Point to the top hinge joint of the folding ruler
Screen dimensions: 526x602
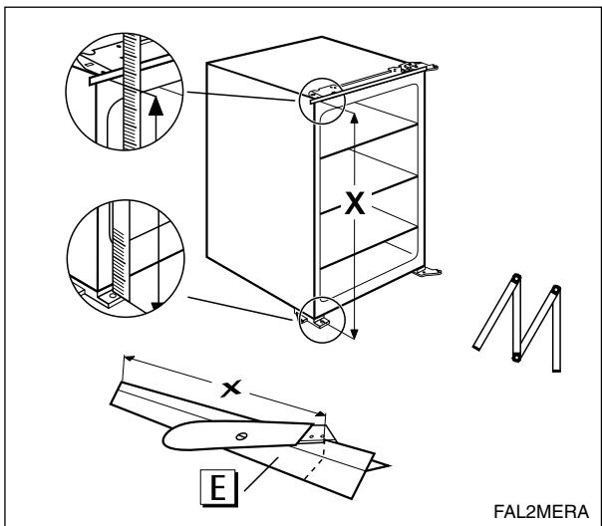pyautogui.click(x=516, y=279)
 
